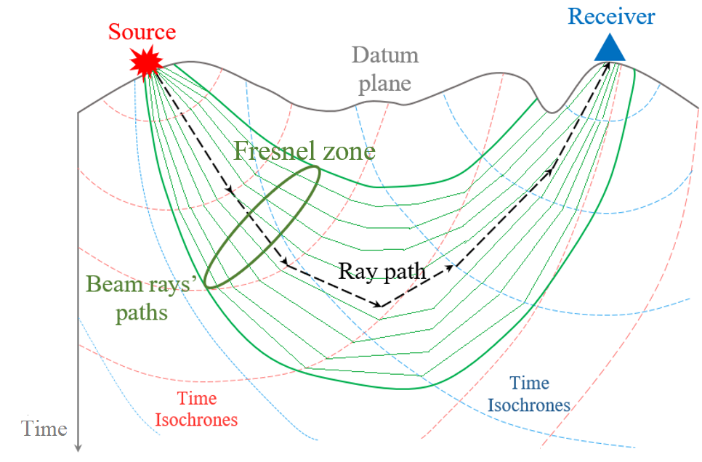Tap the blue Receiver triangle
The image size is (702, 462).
609,49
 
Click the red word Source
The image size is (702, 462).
142,32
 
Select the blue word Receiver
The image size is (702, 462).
611,16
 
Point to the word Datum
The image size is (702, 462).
385,56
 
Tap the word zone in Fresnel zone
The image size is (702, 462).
350,151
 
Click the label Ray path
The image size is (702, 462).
382,271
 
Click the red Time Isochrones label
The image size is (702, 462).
197,409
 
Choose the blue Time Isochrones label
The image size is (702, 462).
529,394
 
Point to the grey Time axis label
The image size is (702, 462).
44,428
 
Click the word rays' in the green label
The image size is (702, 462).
169,283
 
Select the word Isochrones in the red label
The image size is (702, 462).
197,419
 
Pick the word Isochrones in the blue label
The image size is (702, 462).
529,405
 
